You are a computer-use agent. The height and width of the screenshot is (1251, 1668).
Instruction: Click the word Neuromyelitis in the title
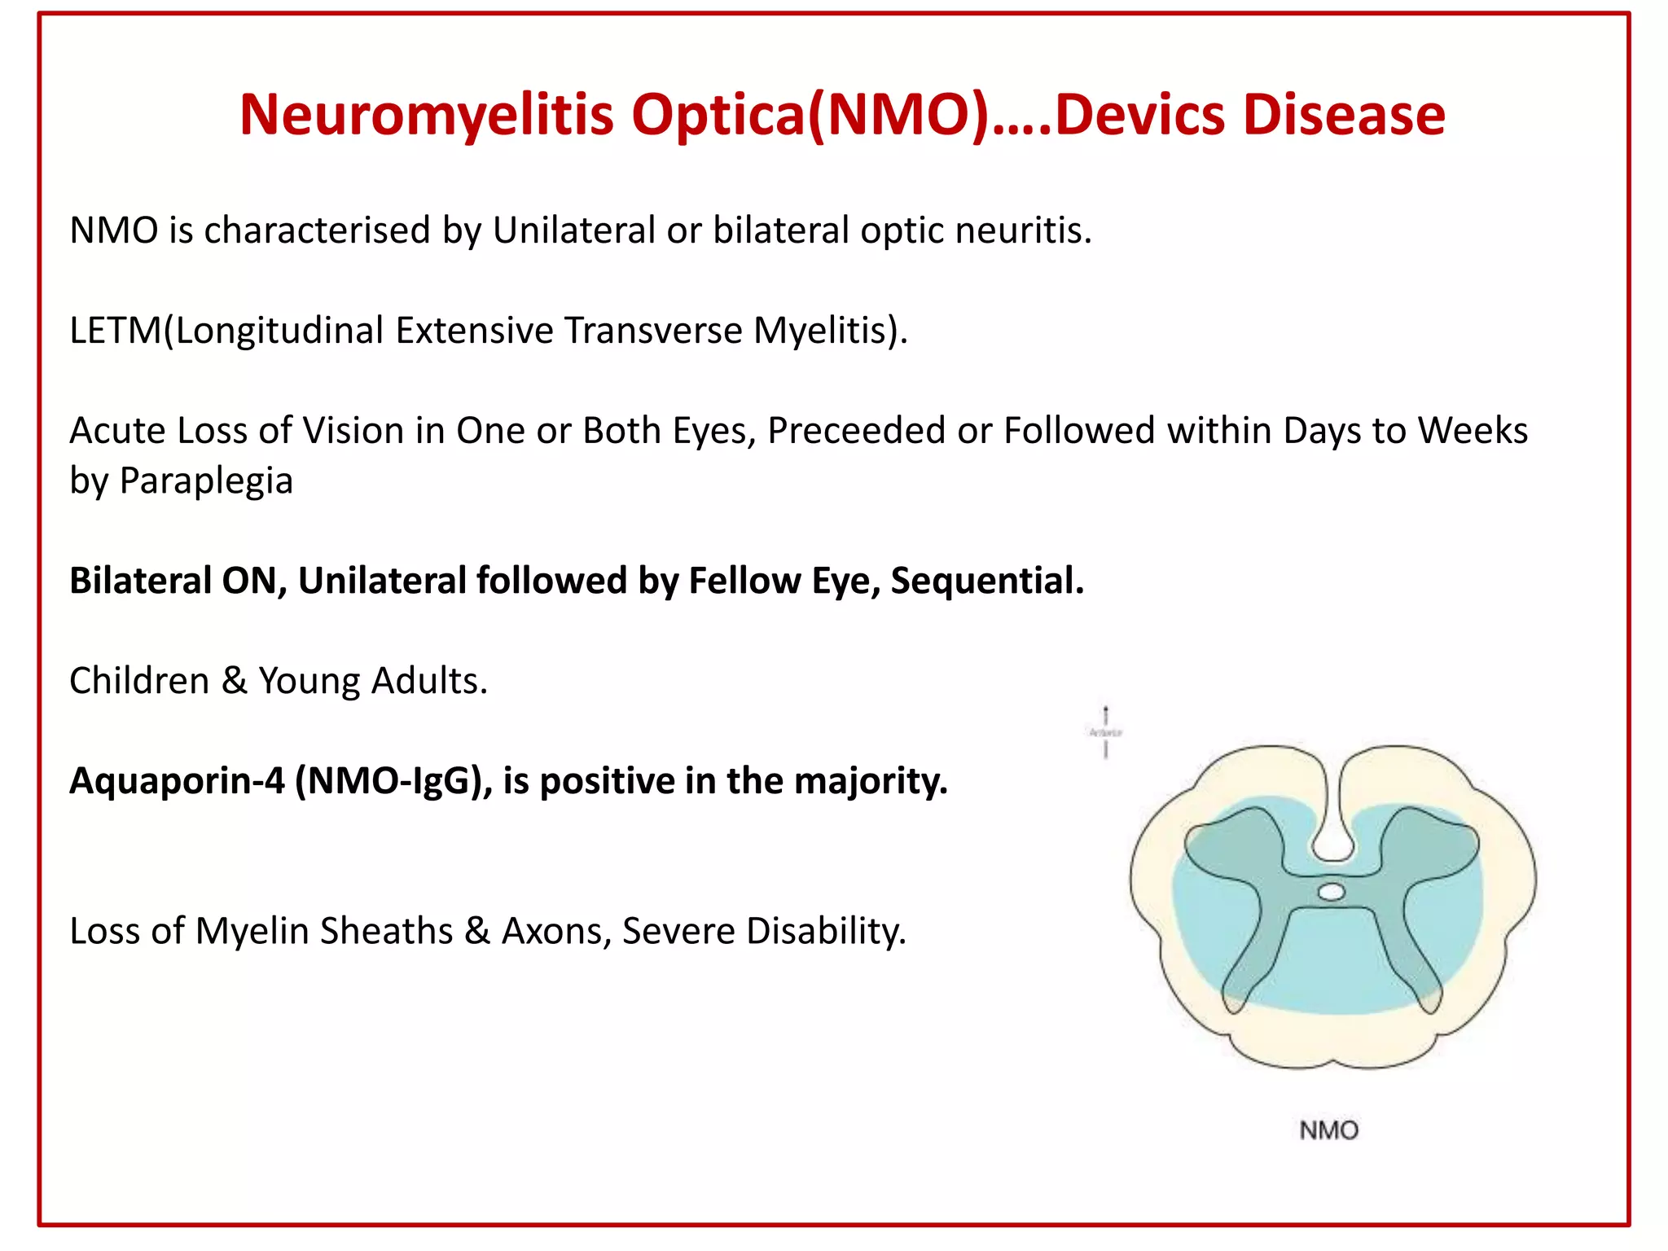pyautogui.click(x=427, y=115)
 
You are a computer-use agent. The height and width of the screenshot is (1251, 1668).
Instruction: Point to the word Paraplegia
pyautogui.click(x=206, y=481)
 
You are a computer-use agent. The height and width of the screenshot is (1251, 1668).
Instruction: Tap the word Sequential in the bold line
pyautogui.click(x=987, y=581)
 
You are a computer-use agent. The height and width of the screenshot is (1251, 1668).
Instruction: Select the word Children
pyautogui.click(x=139, y=681)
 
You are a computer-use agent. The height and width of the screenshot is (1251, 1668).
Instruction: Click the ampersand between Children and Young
pyautogui.click(x=235, y=681)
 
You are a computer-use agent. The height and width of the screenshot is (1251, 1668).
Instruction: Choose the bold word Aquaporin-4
pyautogui.click(x=177, y=781)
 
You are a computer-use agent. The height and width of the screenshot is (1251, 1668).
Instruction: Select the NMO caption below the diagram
pyautogui.click(x=1328, y=1130)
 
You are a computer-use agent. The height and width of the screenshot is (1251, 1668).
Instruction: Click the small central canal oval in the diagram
pyautogui.click(x=1331, y=893)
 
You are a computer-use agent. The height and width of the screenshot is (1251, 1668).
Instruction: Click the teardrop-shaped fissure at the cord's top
pyautogui.click(x=1332, y=839)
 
